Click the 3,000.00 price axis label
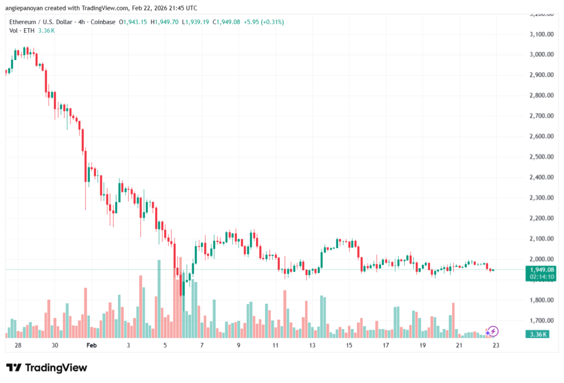540,55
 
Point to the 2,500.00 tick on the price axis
540,157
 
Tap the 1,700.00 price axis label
540,321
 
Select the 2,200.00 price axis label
540,218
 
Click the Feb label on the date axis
91,346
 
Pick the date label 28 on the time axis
18,346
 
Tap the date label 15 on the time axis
349,346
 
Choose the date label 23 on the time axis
496,346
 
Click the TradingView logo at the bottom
47,368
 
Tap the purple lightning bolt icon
493,331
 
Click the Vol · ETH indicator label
22,30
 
